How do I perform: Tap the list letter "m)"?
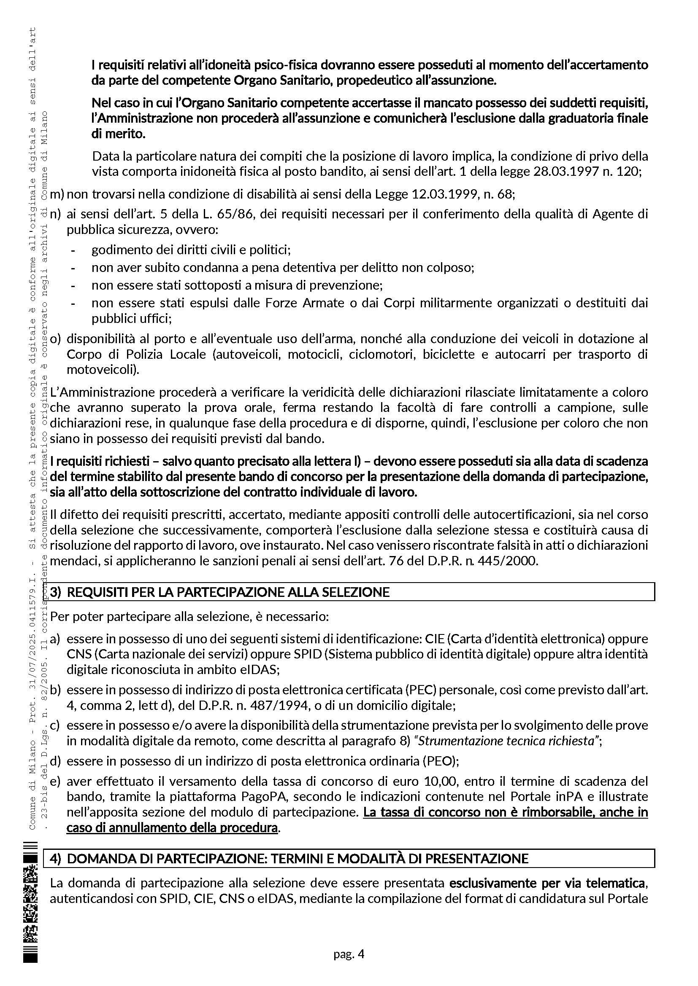pyautogui.click(x=57, y=194)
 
